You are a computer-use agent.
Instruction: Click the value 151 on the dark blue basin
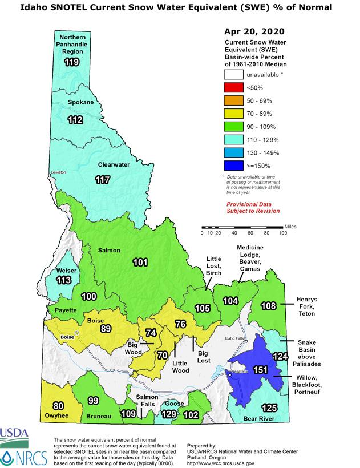tap(260, 370)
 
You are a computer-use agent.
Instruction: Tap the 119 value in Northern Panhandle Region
tap(71, 62)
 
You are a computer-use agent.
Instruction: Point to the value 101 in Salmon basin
tap(140, 263)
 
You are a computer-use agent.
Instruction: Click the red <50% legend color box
tap(233, 87)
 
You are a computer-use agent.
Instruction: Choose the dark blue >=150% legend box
tap(233, 166)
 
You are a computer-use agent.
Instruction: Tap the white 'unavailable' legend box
tap(233, 74)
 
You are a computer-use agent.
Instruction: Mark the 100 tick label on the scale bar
tap(283, 233)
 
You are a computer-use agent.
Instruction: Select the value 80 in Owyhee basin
tap(58, 406)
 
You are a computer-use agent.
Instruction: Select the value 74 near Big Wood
tap(151, 333)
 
